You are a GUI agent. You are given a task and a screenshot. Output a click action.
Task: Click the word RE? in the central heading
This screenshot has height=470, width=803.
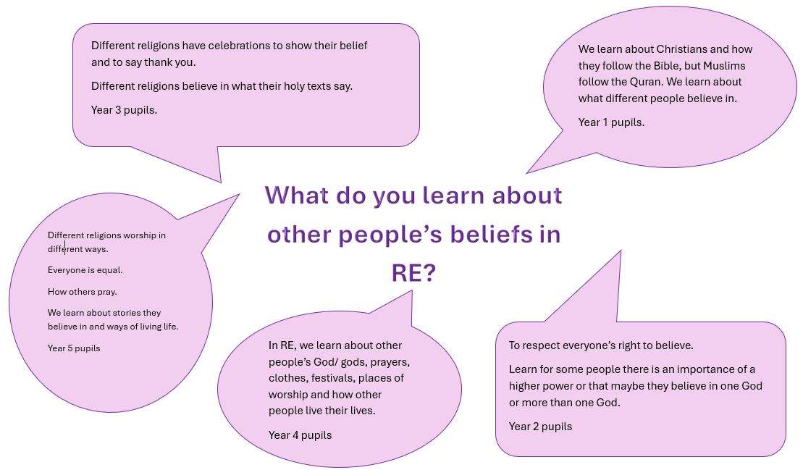click(x=413, y=273)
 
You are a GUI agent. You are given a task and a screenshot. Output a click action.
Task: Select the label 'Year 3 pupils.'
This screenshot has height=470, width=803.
click(x=124, y=110)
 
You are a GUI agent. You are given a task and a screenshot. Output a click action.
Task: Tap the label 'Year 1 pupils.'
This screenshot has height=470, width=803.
click(x=611, y=122)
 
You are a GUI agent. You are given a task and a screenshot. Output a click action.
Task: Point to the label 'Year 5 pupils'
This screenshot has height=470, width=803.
click(x=74, y=348)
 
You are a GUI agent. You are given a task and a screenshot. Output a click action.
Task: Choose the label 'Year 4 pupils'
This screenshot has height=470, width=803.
click(x=300, y=435)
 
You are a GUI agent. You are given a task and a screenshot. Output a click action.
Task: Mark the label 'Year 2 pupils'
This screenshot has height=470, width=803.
click(x=540, y=427)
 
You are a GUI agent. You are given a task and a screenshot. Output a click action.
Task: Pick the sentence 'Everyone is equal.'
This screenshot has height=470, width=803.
click(x=85, y=270)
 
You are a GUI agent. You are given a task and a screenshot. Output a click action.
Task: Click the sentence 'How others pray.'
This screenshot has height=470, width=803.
click(x=83, y=292)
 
